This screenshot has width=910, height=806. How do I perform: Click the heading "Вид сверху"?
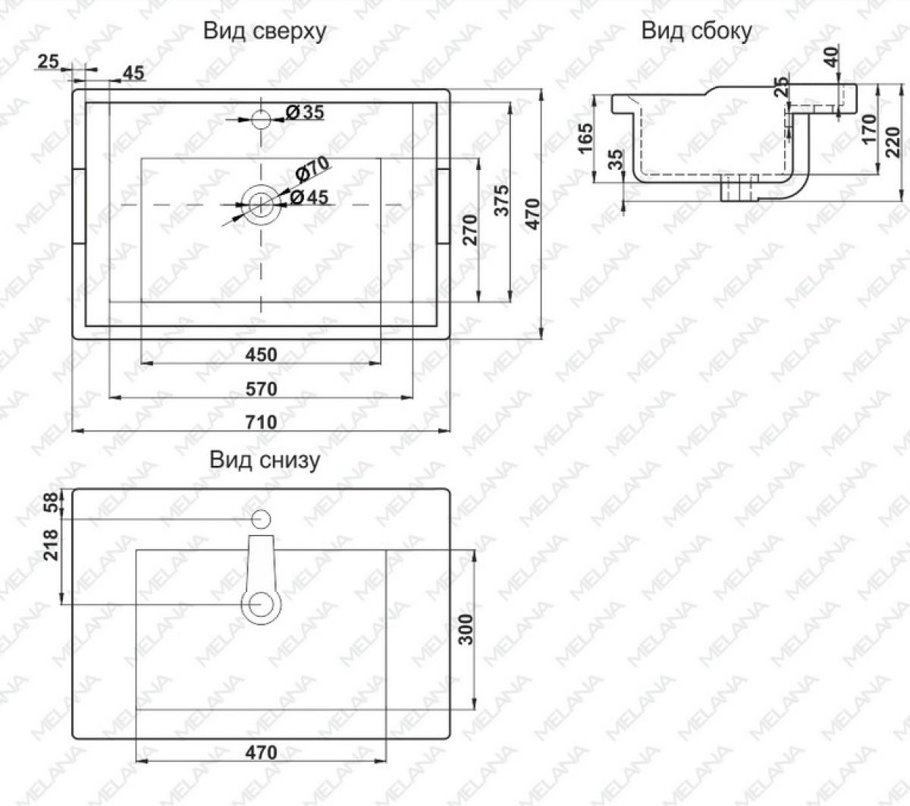point(265,32)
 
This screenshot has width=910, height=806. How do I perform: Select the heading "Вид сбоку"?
point(696,31)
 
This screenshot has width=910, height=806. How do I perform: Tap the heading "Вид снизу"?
point(265,461)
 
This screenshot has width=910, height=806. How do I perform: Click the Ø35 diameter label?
point(305,112)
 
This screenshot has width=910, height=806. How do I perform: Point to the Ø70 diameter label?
point(312,169)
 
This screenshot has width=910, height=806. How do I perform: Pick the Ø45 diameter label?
point(309,197)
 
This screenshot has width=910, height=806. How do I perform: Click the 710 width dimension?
point(261,422)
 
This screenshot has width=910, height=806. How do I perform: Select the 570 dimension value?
point(261,389)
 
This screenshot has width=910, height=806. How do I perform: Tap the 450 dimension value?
point(261,355)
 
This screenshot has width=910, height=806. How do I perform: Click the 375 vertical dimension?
point(502,200)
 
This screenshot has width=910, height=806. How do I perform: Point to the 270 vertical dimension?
point(470,230)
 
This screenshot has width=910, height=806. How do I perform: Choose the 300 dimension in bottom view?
point(466,629)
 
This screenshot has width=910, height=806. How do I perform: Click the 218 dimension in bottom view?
point(51,545)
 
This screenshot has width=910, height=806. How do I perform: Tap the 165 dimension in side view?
point(585,138)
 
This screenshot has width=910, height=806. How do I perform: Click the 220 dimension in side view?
point(893,143)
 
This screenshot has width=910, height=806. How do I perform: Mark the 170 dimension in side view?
point(870,129)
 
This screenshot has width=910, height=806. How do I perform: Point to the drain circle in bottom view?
point(261,605)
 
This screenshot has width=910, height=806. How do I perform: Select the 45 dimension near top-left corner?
point(133,73)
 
